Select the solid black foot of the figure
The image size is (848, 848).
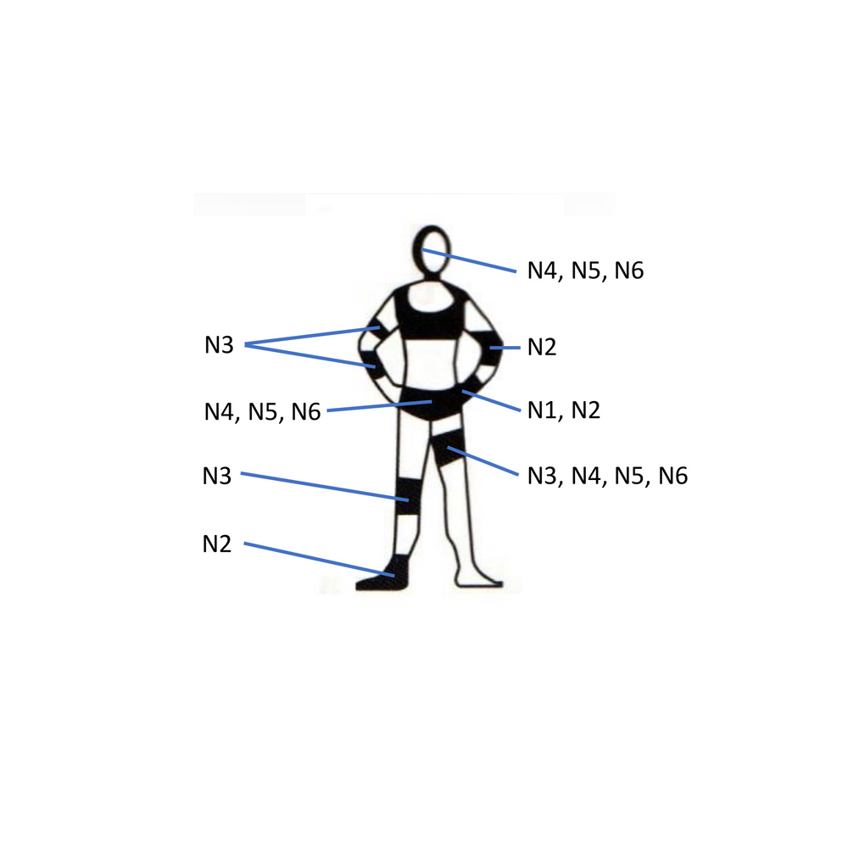[x=384, y=576]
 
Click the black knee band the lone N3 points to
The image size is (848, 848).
[x=409, y=496]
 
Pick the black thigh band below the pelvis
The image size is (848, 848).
[x=449, y=448]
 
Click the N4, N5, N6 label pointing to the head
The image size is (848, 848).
[x=586, y=271]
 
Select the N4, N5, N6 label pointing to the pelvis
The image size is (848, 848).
[x=262, y=412]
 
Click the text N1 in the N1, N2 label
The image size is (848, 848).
[x=542, y=410]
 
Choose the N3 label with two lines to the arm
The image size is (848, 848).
[x=219, y=345]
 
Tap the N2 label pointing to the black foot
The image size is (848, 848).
[x=217, y=544]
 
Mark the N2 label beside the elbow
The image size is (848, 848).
[x=542, y=347]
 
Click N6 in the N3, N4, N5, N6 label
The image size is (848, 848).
[x=673, y=476]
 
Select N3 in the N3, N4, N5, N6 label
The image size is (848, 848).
[x=542, y=476]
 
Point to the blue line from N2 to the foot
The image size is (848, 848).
[x=319, y=559]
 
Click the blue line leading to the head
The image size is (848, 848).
[x=470, y=260]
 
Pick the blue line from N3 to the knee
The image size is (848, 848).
[x=325, y=487]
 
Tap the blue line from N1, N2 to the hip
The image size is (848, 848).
[x=491, y=400]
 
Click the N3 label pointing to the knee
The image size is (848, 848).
[x=217, y=476]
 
